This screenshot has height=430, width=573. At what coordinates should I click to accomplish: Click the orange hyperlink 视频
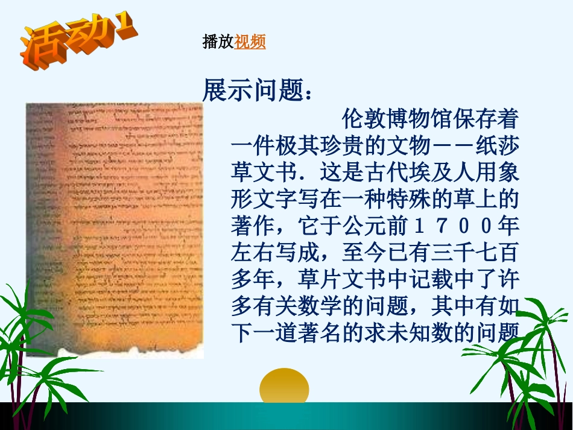pyautogui.click(x=250, y=42)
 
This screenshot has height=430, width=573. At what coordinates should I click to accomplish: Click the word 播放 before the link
pyautogui.click(x=218, y=42)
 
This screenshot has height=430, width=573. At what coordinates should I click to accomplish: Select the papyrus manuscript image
pyautogui.click(x=115, y=229)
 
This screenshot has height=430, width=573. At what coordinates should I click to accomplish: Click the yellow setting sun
pyautogui.click(x=284, y=386)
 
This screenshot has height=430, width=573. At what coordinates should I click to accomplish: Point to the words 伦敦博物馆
pyautogui.click(x=400, y=119)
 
